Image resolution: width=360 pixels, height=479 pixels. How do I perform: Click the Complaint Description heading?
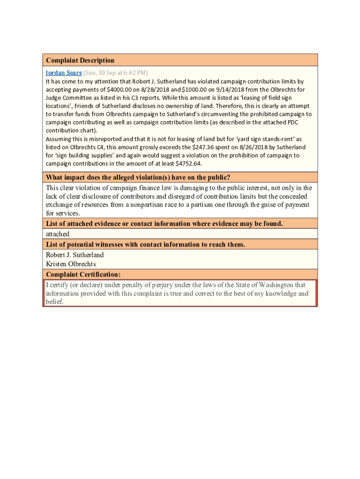79,60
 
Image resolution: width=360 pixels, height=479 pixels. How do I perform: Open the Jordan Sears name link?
64,73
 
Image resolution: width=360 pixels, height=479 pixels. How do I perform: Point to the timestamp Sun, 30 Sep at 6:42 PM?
115,73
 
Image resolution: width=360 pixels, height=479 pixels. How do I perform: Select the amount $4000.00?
121,89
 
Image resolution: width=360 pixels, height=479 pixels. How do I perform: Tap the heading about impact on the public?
137,177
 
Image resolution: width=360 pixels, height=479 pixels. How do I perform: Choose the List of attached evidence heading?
164,224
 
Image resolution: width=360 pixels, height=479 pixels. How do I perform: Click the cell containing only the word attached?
58,234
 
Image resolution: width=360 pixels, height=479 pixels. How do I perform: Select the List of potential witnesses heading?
145,245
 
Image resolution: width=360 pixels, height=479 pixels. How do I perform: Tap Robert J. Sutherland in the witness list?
75,255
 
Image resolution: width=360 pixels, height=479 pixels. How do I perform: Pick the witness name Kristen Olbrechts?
71,264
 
